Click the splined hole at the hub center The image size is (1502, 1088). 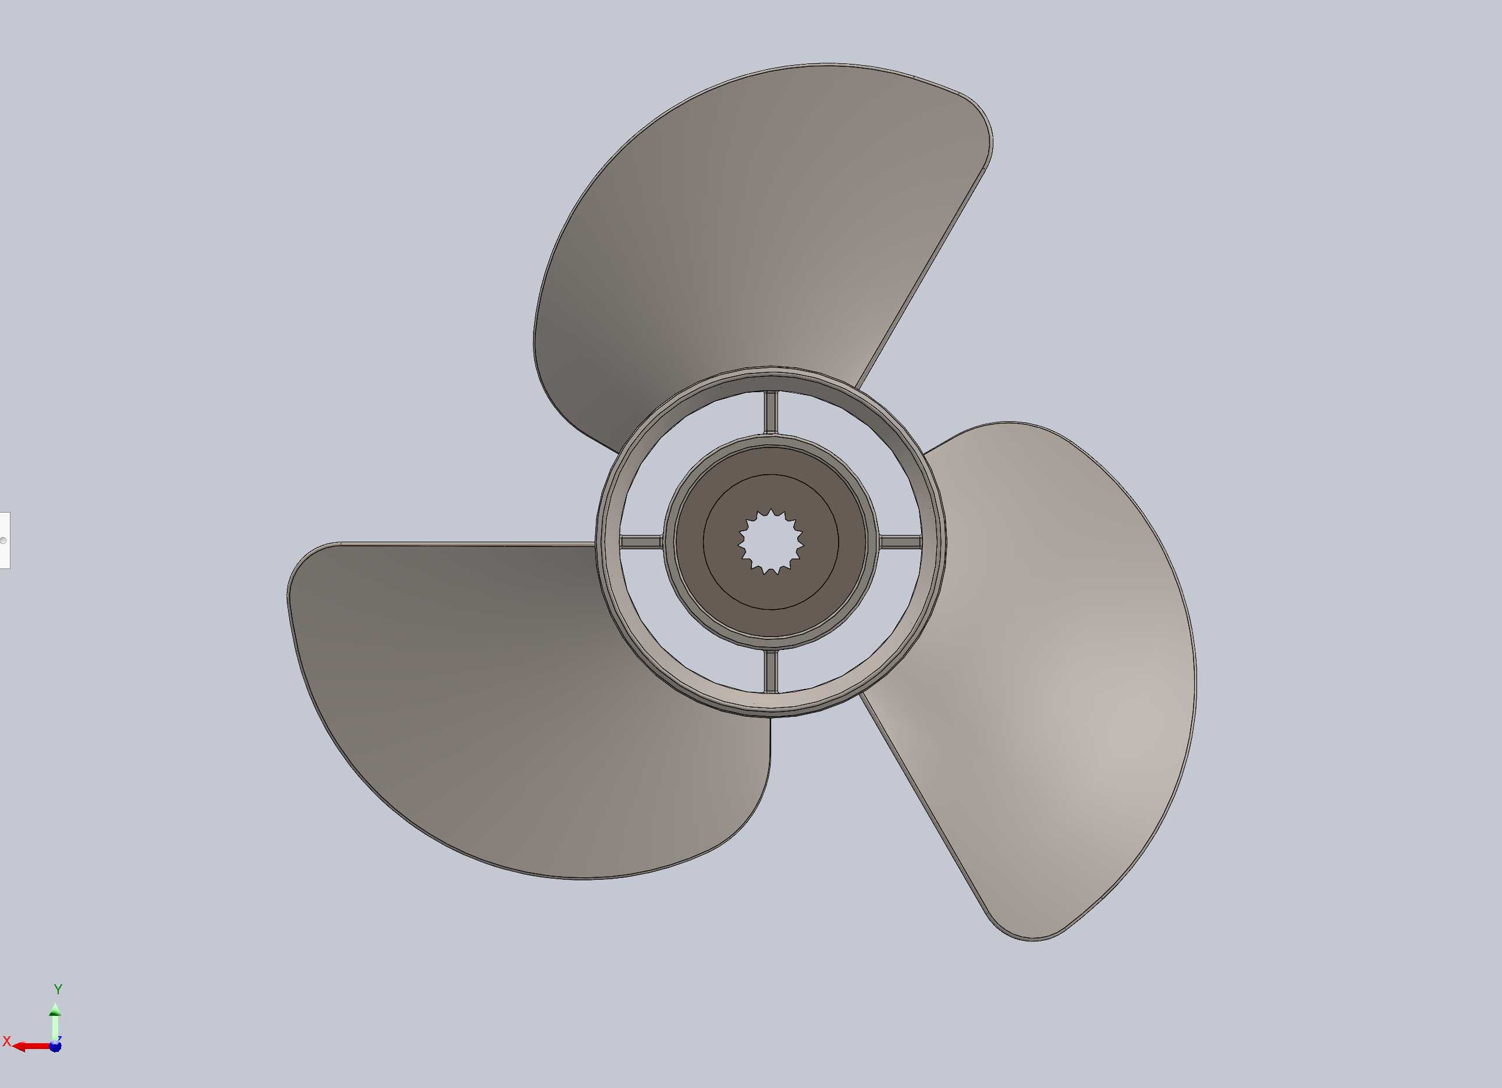(x=771, y=542)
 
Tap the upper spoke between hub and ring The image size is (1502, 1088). (x=771, y=412)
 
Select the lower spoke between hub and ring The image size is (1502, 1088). (x=771, y=671)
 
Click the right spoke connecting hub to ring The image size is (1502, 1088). (x=901, y=542)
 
